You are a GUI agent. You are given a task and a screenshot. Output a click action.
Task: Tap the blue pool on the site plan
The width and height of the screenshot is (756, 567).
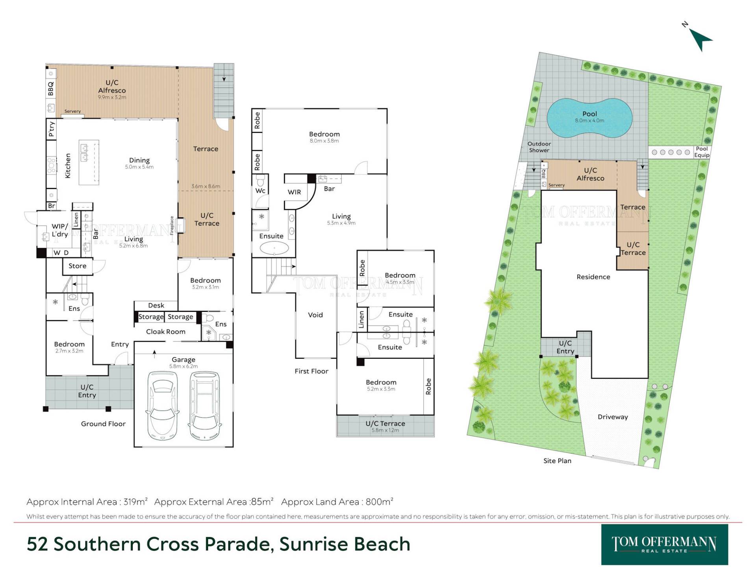coord(589,117)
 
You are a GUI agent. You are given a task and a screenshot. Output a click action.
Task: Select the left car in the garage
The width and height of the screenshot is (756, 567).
coord(163,405)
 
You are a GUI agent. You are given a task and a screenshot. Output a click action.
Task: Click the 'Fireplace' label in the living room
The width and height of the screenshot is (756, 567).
coord(172,226)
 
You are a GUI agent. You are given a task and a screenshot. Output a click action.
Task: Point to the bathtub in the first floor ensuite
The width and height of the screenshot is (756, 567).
coord(274,248)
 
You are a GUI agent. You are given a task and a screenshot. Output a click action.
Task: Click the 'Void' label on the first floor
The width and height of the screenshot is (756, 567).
coord(315,315)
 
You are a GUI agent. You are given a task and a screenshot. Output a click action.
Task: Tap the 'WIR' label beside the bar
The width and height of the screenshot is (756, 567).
coord(294,192)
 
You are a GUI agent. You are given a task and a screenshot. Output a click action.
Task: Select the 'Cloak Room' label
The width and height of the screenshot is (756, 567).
coord(166,332)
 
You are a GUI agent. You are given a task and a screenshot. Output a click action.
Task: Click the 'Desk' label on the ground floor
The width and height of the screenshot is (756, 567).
coord(156,305)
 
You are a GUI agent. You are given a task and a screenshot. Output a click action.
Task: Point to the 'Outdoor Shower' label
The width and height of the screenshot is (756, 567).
coord(539,147)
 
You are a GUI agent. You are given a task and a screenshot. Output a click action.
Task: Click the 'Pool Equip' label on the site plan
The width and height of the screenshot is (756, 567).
coord(702,152)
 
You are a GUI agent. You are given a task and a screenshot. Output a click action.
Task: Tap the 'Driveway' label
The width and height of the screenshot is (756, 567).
coord(613,417)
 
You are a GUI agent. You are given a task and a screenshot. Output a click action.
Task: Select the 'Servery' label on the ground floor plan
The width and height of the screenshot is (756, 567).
coord(72,111)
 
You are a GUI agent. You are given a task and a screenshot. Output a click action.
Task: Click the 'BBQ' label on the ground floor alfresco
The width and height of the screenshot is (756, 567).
coord(51,88)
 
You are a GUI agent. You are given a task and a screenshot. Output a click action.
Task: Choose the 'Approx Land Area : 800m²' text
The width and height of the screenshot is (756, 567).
coord(337,502)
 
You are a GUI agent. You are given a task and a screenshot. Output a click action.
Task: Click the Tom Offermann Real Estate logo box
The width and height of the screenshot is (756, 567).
coord(665,545)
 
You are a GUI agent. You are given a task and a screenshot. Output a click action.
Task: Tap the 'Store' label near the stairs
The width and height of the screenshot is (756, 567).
coord(78,266)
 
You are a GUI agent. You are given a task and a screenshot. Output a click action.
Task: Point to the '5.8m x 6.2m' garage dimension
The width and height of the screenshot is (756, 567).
coord(183,366)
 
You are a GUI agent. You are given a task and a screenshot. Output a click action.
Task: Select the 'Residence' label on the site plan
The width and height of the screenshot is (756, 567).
coord(593,277)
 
